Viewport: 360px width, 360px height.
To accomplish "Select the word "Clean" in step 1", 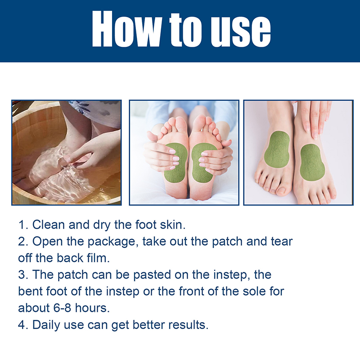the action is [x=49, y=225].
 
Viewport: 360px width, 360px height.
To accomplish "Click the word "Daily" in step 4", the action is [x=46, y=325].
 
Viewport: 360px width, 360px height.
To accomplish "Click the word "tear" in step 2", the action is [x=282, y=242].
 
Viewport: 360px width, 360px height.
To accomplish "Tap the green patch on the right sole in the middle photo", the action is [x=202, y=163].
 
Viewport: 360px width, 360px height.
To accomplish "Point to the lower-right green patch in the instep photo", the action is [x=312, y=162].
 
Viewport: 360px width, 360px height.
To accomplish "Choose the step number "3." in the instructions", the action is [x=23, y=275].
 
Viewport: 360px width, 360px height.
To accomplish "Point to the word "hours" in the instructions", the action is [x=92, y=308].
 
